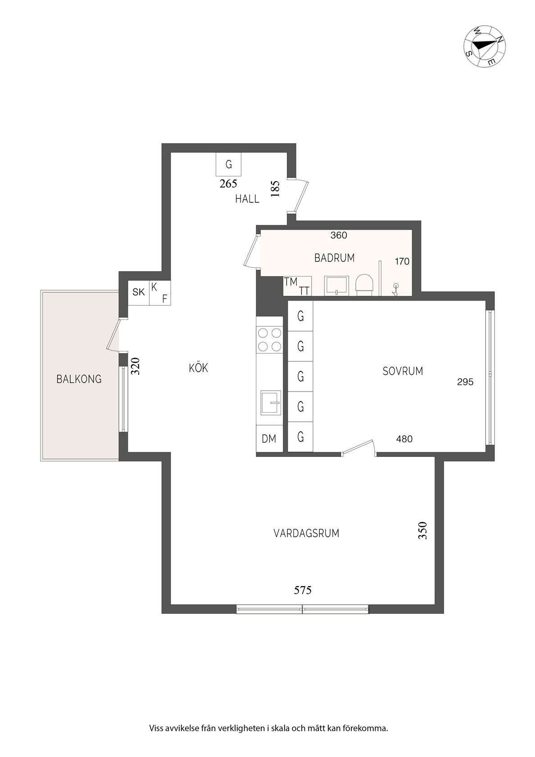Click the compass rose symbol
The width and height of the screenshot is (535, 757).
(485, 46)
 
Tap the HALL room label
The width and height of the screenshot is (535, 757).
(247, 199)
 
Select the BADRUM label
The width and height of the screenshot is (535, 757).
(334, 258)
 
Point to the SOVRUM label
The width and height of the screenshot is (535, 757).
(403, 371)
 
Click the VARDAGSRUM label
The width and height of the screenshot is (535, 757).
(306, 534)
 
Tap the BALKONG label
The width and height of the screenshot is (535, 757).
(79, 379)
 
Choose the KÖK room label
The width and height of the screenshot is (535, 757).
(199, 368)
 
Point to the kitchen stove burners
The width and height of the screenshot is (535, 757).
(269, 340)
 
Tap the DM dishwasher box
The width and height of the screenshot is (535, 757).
(269, 438)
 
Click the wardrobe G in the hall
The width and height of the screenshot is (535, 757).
(229, 164)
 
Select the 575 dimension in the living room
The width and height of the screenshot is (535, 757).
(303, 590)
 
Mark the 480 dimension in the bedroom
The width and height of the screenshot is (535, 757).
(404, 439)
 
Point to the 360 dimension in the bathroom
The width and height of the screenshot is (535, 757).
(339, 235)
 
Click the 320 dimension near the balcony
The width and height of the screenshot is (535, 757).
(136, 366)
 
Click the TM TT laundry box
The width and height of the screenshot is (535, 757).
(297, 286)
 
